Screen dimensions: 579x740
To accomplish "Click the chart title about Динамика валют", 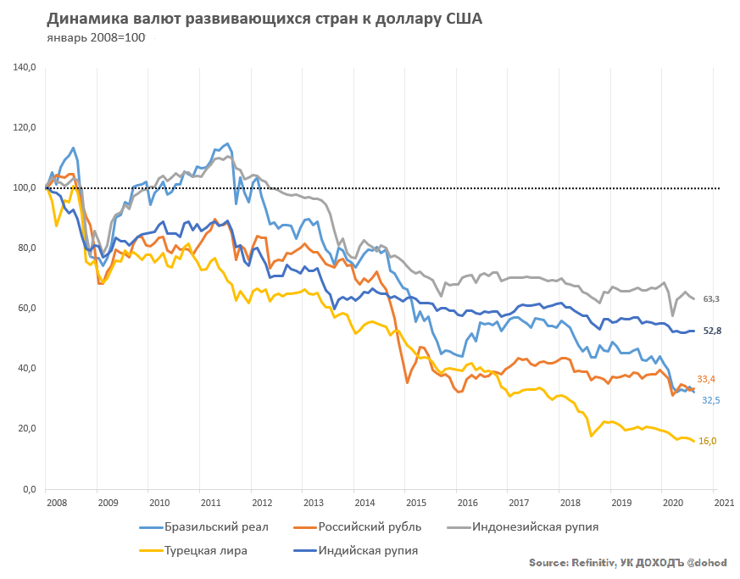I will click(x=264, y=19).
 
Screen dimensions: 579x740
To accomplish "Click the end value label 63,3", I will click(x=711, y=299).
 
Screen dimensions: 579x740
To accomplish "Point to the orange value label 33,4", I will click(x=708, y=379).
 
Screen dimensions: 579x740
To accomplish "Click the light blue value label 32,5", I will click(x=710, y=399).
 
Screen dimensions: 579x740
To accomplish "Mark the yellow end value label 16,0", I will click(x=708, y=441).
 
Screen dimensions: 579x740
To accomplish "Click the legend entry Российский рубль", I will click(x=370, y=526).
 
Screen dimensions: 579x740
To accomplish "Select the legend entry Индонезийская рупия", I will click(x=535, y=526).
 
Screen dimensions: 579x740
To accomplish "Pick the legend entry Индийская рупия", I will click(x=368, y=550).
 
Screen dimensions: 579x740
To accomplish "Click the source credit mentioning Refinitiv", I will click(x=627, y=563).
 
